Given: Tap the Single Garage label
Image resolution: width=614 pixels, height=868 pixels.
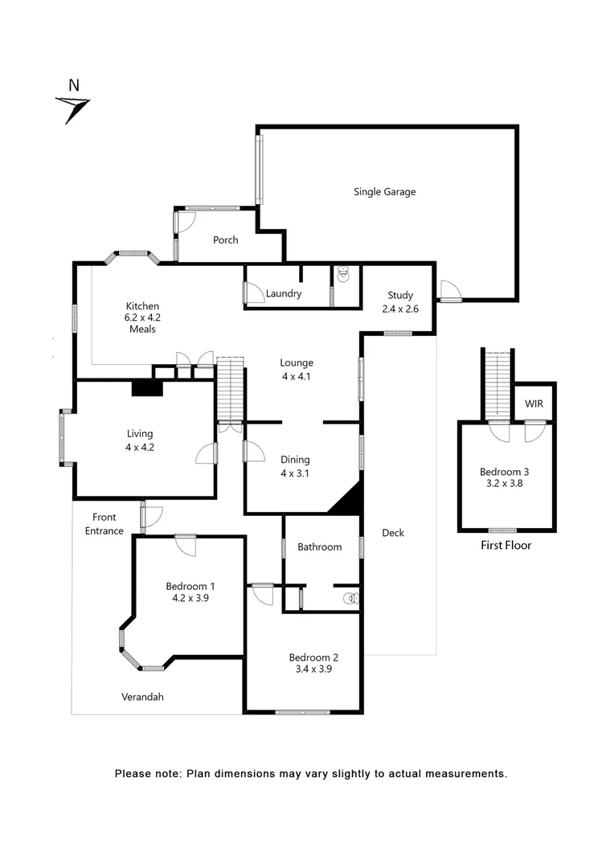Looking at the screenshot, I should pyautogui.click(x=384, y=192).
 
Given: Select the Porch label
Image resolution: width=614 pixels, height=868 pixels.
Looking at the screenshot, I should pyautogui.click(x=225, y=240).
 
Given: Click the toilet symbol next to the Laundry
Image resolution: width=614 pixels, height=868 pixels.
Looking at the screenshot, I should pyautogui.click(x=344, y=275).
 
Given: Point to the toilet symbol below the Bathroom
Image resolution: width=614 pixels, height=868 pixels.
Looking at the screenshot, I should pyautogui.click(x=349, y=598).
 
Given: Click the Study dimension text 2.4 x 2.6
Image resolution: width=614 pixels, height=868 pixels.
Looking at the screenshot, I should pyautogui.click(x=399, y=309).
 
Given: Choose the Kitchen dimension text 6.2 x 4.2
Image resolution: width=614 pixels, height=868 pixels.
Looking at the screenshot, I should pyautogui.click(x=142, y=317).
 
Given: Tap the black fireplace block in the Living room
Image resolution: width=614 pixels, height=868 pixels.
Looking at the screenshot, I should pyautogui.click(x=147, y=388).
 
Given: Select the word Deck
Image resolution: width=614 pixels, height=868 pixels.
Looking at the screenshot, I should pyautogui.click(x=393, y=533).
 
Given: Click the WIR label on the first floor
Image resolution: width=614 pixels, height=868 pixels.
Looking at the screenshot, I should pyautogui.click(x=534, y=403).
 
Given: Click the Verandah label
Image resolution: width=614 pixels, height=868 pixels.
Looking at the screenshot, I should pyautogui.click(x=142, y=697).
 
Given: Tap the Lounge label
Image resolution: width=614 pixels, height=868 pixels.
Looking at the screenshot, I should pyautogui.click(x=297, y=362).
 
